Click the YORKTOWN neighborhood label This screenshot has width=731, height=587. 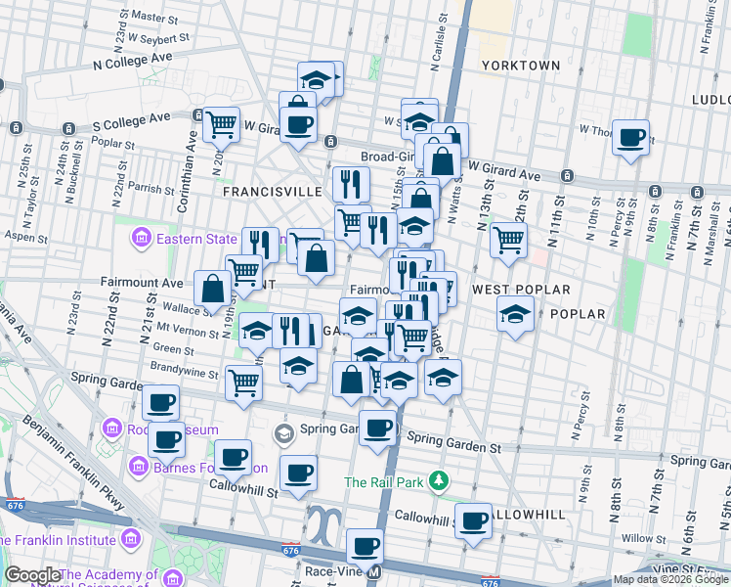(x=521, y=66)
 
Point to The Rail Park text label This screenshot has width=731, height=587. (x=384, y=481)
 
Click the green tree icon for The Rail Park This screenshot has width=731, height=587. (x=440, y=480)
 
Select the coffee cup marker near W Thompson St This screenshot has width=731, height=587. (x=630, y=137)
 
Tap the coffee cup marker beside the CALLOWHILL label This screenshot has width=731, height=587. (x=474, y=520)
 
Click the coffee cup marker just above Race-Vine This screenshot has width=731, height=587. (x=365, y=546)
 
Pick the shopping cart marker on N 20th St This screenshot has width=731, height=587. (x=222, y=124)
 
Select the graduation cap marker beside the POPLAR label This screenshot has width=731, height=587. (x=514, y=314)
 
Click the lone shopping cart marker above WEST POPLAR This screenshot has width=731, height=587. (x=508, y=239)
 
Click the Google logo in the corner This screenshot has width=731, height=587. (x=31, y=575)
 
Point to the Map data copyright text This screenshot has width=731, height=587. (x=670, y=579)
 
